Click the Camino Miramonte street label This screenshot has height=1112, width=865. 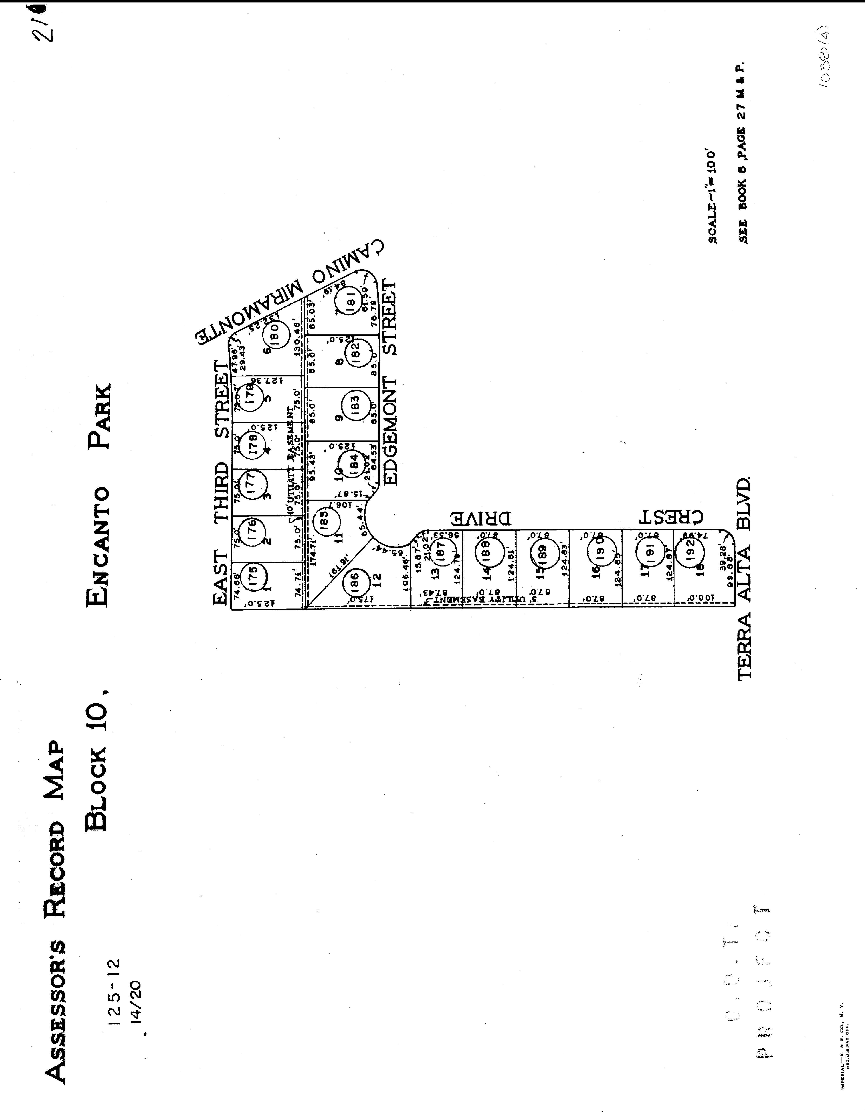[x=290, y=295]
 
